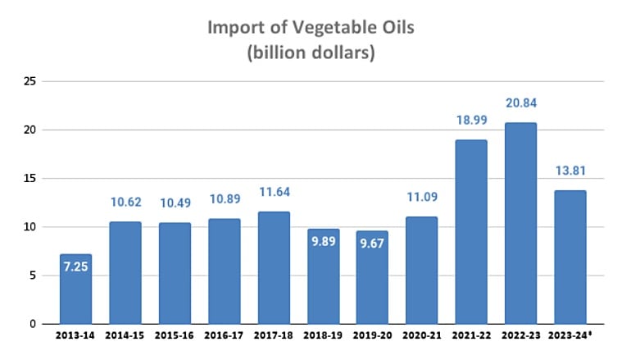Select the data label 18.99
470,120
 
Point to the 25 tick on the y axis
30,82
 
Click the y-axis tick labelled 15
30,179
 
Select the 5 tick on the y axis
33,276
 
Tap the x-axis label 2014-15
125,337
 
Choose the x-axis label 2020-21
421,337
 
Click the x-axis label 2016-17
224,337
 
